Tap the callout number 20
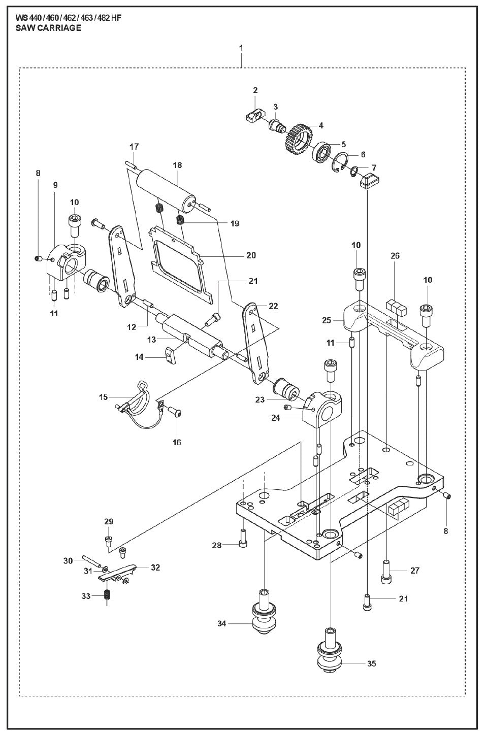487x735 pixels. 251,255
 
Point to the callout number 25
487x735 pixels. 327,320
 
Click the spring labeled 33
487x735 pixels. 108,595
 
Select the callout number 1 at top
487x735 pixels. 241,48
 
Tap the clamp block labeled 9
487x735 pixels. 66,260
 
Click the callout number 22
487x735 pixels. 273,306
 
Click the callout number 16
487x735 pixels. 176,442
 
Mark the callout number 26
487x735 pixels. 395,256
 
